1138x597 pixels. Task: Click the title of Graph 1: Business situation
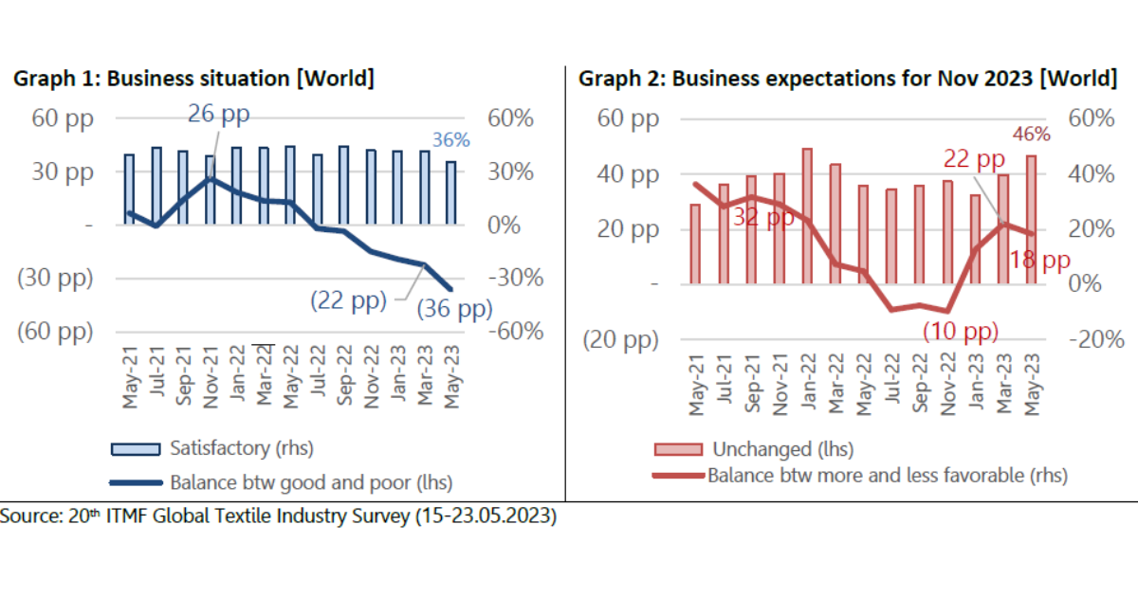193,79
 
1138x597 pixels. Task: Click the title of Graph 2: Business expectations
847,79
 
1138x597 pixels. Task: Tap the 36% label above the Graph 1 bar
451,140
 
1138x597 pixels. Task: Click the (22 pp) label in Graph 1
349,300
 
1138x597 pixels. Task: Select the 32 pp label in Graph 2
762,217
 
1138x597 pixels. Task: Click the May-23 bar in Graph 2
1030,219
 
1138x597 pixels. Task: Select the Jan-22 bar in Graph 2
807,216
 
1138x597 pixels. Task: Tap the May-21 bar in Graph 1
129,190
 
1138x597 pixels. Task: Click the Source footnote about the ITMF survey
279,516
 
